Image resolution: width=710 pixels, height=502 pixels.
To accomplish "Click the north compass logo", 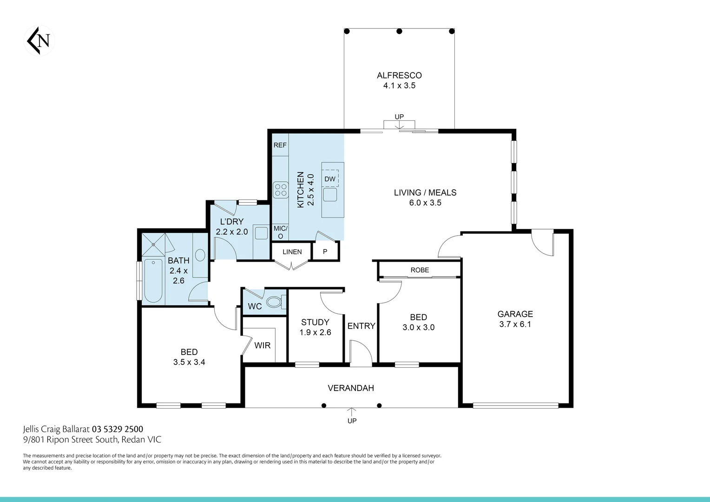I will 39,41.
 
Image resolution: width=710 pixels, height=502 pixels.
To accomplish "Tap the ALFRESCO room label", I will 399,75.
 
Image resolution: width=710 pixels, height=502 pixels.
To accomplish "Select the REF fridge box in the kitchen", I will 280,145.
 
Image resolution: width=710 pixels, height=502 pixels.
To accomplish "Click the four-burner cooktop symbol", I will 281,190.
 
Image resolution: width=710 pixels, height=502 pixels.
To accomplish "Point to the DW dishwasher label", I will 330,179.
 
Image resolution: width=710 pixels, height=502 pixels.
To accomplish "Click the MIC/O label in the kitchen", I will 280,232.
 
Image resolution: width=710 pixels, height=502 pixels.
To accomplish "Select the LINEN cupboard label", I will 292,252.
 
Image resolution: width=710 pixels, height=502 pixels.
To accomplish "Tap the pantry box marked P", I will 325,252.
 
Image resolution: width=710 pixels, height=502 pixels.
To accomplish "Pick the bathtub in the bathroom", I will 153,281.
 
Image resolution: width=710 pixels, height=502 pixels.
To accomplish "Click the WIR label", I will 262,345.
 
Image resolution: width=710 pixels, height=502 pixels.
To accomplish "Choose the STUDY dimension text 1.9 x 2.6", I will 315,332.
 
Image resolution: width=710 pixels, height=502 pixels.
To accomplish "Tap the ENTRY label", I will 361,326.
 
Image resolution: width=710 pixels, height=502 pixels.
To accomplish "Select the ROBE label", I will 420,270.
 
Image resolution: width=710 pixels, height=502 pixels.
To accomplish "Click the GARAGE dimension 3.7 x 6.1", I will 515,324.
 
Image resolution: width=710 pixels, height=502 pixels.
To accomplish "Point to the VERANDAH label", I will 351,388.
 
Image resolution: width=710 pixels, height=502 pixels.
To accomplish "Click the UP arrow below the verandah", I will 352,412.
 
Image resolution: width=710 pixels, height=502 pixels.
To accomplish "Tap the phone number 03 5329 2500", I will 118,429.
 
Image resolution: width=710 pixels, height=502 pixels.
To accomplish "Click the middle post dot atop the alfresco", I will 399,31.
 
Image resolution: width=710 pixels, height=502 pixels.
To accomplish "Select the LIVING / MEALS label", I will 425,192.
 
